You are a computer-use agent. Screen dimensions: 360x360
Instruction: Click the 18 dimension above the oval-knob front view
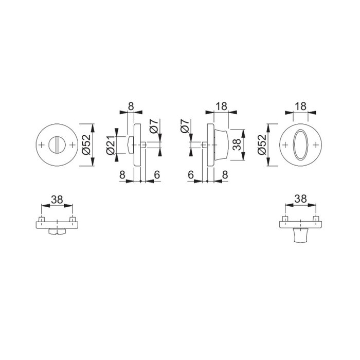(301, 106)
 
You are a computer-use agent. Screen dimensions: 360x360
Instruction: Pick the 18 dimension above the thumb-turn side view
(222, 106)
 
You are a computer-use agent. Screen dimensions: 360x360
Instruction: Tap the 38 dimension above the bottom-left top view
(57, 198)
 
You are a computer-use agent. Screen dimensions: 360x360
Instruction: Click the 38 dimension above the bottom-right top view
(301, 198)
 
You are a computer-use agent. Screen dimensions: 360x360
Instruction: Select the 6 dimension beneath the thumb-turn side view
(191, 175)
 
